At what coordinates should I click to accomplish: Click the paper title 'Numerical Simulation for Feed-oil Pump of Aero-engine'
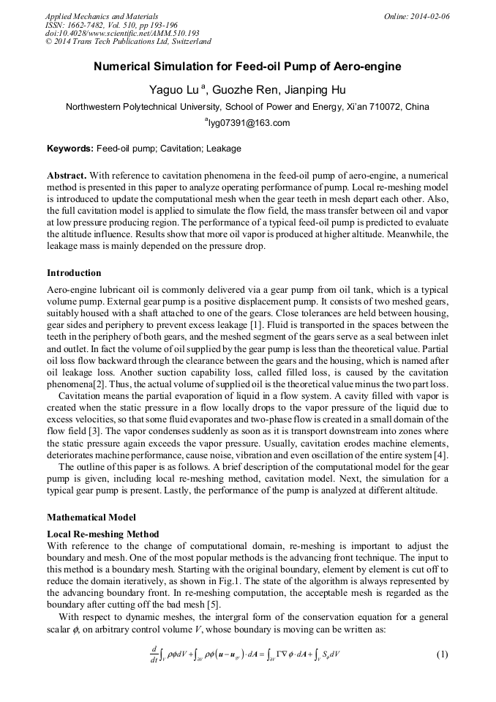(247, 67)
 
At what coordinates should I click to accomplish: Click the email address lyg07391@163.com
(249, 123)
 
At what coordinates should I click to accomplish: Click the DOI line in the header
(122, 33)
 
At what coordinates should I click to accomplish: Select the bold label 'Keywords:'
(70, 149)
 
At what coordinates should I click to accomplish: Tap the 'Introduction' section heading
(74, 273)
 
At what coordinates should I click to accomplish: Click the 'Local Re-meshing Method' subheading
(102, 534)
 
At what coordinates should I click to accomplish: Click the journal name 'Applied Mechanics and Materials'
(102, 16)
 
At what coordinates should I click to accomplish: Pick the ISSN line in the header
(111, 24)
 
